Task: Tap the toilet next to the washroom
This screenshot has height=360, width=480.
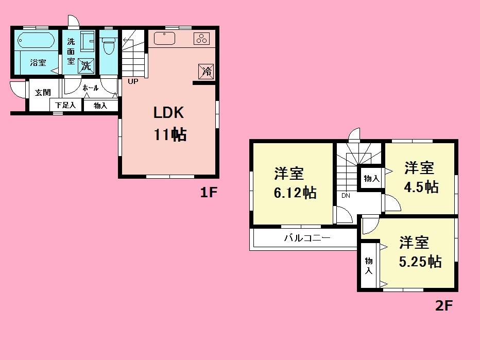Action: pyautogui.click(x=108, y=47)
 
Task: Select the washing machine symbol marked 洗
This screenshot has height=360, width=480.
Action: pyautogui.click(x=85, y=65)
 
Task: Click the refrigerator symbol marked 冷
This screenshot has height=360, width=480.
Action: pyautogui.click(x=207, y=71)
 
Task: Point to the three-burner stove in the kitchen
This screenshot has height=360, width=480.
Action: pyautogui.click(x=201, y=38)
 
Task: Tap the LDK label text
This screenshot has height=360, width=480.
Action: pyautogui.click(x=168, y=113)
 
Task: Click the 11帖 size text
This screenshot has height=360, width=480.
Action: pyautogui.click(x=168, y=135)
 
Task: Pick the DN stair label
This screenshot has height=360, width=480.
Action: pyautogui.click(x=345, y=196)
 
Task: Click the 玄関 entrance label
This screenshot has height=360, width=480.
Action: pyautogui.click(x=42, y=93)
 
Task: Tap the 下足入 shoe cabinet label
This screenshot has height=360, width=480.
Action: pyautogui.click(x=65, y=106)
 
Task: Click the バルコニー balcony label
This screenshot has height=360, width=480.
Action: pyautogui.click(x=307, y=238)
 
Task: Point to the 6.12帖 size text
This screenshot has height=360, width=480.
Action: pyautogui.click(x=295, y=193)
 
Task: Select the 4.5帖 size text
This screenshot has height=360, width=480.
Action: pyautogui.click(x=421, y=187)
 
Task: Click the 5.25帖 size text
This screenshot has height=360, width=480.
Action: pyautogui.click(x=420, y=262)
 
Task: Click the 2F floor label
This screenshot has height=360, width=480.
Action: pyautogui.click(x=443, y=306)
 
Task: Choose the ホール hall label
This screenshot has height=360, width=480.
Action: pyautogui.click(x=90, y=88)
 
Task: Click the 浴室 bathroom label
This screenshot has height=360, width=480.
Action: pyautogui.click(x=38, y=63)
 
